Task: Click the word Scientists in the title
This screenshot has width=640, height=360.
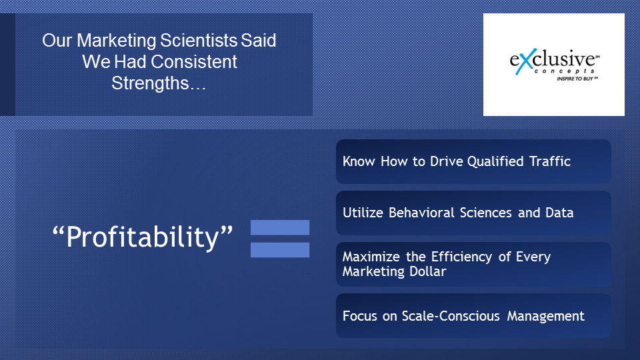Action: tap(198, 41)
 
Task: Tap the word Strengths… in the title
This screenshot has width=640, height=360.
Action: tap(159, 83)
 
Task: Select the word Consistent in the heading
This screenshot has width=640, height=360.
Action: tap(193, 61)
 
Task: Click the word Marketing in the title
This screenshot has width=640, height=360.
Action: tap(116, 41)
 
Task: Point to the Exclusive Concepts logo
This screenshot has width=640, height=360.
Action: tap(554, 65)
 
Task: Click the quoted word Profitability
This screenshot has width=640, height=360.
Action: tap(143, 237)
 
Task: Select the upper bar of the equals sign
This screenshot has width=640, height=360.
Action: tap(280, 227)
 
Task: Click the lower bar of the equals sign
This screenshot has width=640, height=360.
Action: tap(280, 250)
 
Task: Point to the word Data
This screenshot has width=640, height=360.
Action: tap(559, 213)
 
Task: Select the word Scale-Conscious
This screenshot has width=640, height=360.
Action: tap(451, 316)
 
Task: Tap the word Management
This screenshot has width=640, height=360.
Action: tap(545, 316)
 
